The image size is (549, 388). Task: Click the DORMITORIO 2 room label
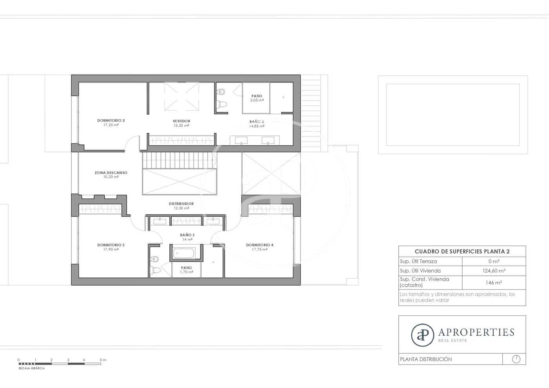111,120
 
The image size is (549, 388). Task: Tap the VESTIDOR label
181,121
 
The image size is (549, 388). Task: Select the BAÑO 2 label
257,122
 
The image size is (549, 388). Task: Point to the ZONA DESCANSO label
111,173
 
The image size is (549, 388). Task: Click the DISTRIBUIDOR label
181,204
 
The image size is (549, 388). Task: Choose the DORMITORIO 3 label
111,245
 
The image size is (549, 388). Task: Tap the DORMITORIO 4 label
260,245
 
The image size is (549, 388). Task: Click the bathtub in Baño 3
184,253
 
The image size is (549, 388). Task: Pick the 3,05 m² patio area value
257,100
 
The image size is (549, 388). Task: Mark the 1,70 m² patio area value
187,272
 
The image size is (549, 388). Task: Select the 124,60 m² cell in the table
494,271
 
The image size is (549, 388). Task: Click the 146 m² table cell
494,282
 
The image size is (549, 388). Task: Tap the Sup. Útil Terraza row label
418,261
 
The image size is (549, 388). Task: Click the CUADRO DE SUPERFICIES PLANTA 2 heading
462,251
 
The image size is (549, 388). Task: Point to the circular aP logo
422,335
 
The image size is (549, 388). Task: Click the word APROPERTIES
476,332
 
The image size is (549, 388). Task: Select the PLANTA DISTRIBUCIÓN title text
426,359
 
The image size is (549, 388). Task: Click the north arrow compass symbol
516,359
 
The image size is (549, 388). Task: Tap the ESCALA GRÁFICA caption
32,368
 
